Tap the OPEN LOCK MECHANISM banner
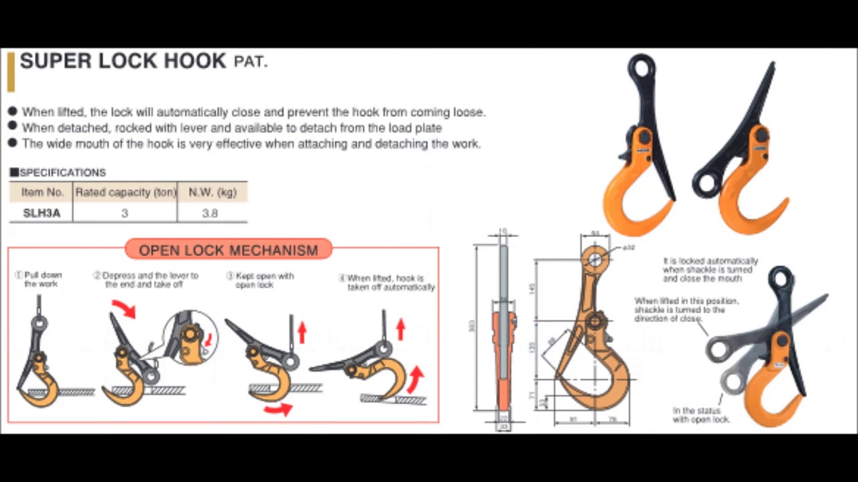click(228, 250)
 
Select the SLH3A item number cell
click(42, 213)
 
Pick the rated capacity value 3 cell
click(125, 213)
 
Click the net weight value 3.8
click(210, 213)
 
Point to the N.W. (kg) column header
click(212, 192)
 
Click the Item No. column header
click(42, 192)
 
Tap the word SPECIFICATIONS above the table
click(62, 173)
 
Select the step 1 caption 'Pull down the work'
click(42, 279)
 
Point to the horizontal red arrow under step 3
click(277, 408)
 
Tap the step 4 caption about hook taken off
click(391, 283)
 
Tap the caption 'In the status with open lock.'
click(701, 414)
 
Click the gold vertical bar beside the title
click(11, 72)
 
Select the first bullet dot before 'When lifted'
click(13, 111)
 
